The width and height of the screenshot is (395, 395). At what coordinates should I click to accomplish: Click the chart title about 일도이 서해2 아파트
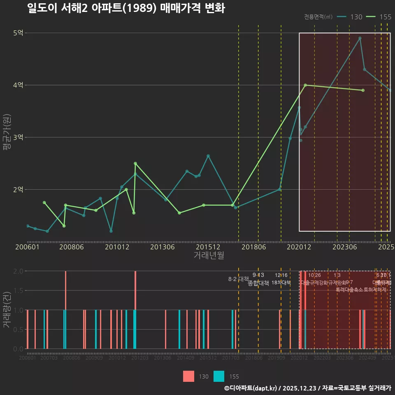126,8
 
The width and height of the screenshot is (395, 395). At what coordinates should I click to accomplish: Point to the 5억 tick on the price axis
18,33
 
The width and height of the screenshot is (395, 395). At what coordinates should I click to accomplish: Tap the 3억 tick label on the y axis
18,137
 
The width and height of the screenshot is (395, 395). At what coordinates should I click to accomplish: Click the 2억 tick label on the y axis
18,190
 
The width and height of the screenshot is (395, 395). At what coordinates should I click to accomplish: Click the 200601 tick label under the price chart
27,247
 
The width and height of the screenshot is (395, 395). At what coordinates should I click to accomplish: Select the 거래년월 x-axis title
209,256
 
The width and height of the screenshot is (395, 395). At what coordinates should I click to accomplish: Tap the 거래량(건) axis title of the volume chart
7,309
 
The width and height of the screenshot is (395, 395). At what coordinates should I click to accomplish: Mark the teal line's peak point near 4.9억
360,38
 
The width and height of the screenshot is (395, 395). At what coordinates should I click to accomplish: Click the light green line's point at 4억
305,85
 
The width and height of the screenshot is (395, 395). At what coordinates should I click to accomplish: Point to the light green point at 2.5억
135,163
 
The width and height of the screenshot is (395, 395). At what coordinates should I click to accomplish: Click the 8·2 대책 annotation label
239,279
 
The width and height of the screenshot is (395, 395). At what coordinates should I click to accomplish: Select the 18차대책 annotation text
281,283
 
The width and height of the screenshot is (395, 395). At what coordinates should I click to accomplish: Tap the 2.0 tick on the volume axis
18,271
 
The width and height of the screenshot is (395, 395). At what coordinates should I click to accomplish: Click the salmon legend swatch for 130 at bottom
188,376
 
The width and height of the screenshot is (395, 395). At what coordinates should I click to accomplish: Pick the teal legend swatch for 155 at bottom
219,376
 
